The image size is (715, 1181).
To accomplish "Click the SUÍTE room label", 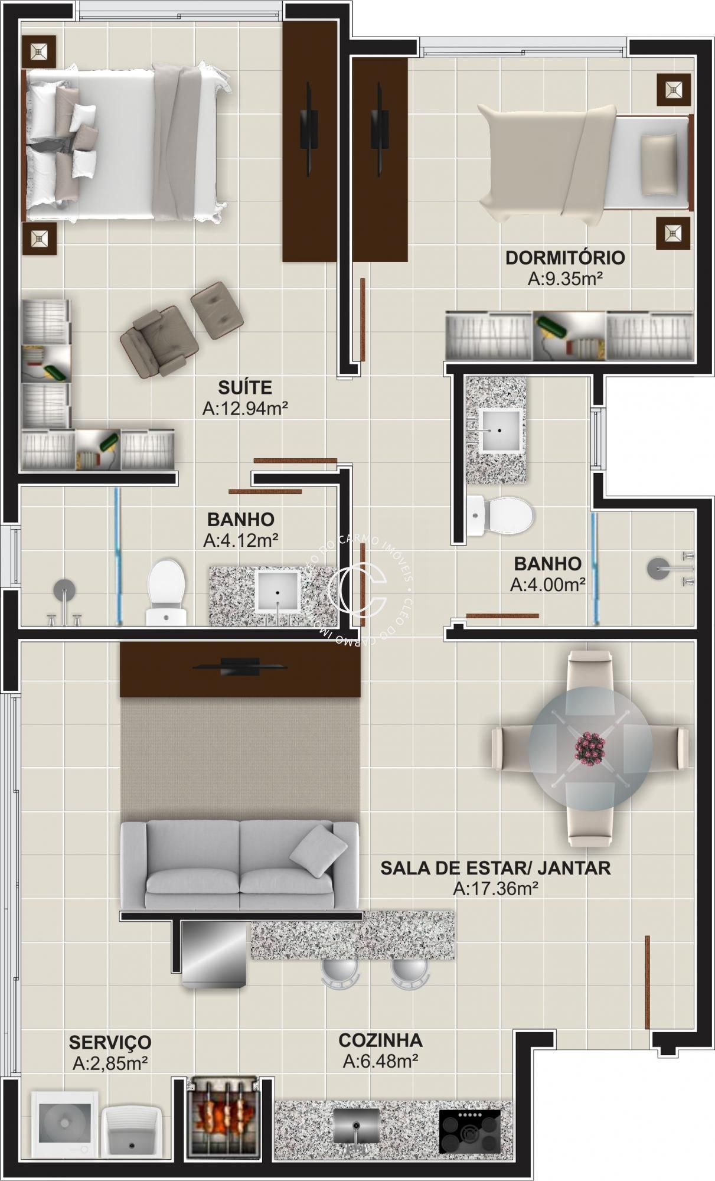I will (245, 387).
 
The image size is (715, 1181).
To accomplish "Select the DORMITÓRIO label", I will (564, 258).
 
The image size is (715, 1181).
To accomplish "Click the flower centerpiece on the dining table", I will (590, 747).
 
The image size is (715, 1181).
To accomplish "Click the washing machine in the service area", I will (64, 1123).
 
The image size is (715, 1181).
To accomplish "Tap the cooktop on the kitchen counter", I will (470, 1130).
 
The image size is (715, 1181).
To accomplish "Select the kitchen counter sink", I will (356, 1125).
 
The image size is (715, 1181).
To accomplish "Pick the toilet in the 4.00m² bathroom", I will (501, 515).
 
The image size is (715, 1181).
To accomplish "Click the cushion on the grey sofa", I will (318, 850).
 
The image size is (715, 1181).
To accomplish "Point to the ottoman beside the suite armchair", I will (217, 310).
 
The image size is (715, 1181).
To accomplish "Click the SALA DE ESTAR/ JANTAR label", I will (495, 867).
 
